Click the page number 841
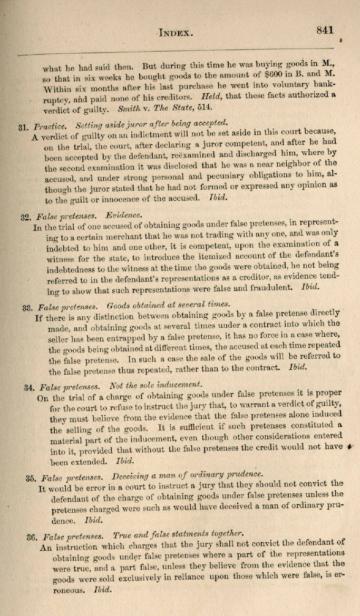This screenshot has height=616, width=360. point(325,30)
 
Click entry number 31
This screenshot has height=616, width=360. point(23,128)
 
